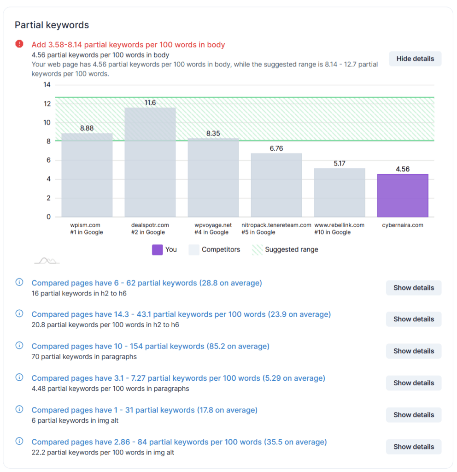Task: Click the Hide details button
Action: pyautogui.click(x=415, y=59)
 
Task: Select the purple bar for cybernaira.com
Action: pyautogui.click(x=402, y=195)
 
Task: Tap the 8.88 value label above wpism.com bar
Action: pyautogui.click(x=87, y=128)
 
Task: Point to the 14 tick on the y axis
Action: pyautogui.click(x=47, y=85)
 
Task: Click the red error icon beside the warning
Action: pyautogui.click(x=19, y=44)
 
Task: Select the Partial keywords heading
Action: pyautogui.click(x=52, y=25)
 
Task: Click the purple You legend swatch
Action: pyautogui.click(x=157, y=249)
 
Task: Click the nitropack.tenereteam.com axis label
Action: pyautogui.click(x=276, y=225)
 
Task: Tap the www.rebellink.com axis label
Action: pyautogui.click(x=339, y=225)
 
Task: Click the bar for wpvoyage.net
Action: pyautogui.click(x=213, y=178)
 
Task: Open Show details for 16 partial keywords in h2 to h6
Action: pyautogui.click(x=413, y=288)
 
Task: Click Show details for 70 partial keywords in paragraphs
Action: pyautogui.click(x=413, y=351)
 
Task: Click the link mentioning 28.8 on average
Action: pyautogui.click(x=146, y=283)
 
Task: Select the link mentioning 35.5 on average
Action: pyautogui.click(x=179, y=442)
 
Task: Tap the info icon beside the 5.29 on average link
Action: pyautogui.click(x=19, y=378)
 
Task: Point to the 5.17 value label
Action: pyautogui.click(x=340, y=164)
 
